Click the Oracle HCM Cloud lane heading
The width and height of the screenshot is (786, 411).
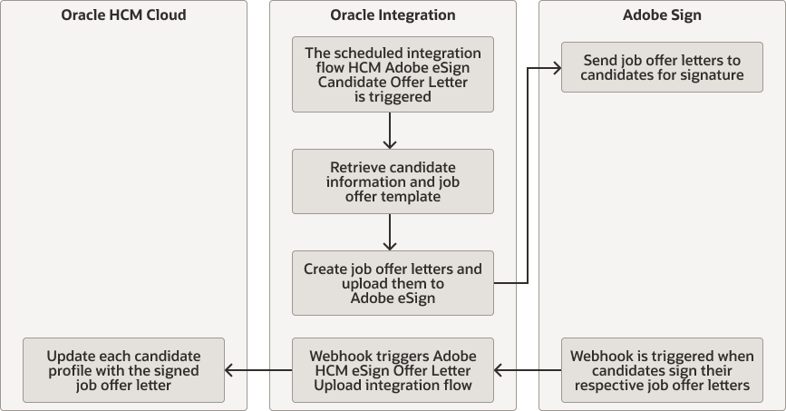tap(123, 15)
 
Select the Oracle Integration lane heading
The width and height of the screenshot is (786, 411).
tap(393, 15)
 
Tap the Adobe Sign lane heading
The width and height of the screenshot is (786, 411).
tap(662, 15)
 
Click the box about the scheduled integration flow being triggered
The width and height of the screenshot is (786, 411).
tap(393, 74)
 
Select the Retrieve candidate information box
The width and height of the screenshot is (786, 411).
tap(393, 182)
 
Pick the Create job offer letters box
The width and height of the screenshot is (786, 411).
tap(393, 283)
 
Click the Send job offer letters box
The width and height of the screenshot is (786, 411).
tap(662, 67)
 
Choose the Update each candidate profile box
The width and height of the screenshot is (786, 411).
tap(123, 370)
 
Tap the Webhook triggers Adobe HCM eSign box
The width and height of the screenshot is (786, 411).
tap(393, 370)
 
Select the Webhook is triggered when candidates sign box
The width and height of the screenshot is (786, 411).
tap(662, 370)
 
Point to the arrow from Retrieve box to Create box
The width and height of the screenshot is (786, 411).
tap(390, 232)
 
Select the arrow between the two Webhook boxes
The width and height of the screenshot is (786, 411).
tap(528, 370)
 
